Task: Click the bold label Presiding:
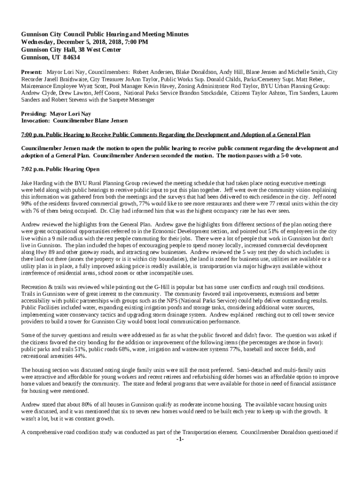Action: pyautogui.click(x=34, y=114)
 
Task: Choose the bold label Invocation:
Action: pyautogui.click(x=36, y=121)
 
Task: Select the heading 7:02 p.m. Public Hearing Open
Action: pyautogui.click(x=60, y=169)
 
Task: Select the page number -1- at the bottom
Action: pyautogui.click(x=180, y=440)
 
